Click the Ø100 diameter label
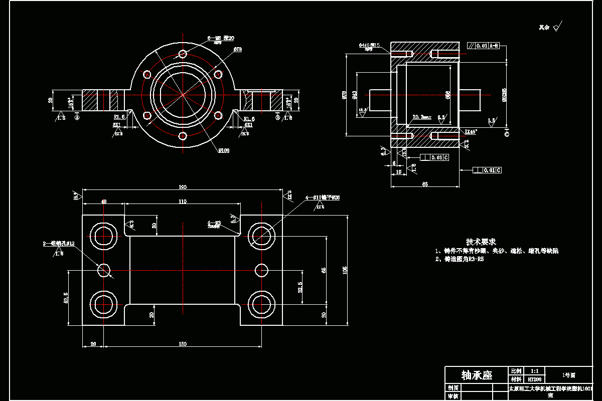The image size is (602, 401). pyautogui.click(x=223, y=150)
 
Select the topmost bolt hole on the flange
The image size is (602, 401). pyautogui.click(x=183, y=54)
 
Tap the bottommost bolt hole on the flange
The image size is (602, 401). pyautogui.click(x=183, y=136)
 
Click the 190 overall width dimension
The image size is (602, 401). pyautogui.click(x=182, y=187)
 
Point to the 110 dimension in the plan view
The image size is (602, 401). pyautogui.click(x=182, y=202)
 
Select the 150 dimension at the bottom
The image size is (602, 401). pyautogui.click(x=182, y=344)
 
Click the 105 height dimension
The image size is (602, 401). pyautogui.click(x=344, y=270)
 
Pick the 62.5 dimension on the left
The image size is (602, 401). pyautogui.click(x=65, y=297)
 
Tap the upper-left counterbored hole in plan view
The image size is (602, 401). pyautogui.click(x=103, y=234)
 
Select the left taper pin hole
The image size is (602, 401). pyautogui.click(x=104, y=270)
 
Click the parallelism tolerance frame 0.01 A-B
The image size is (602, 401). pyautogui.click(x=484, y=46)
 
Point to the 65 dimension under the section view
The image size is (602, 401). pyautogui.click(x=425, y=184)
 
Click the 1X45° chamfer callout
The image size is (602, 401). pyautogui.click(x=471, y=131)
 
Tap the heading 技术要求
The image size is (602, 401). pyautogui.click(x=481, y=242)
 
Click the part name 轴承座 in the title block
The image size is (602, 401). pyautogui.click(x=477, y=375)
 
